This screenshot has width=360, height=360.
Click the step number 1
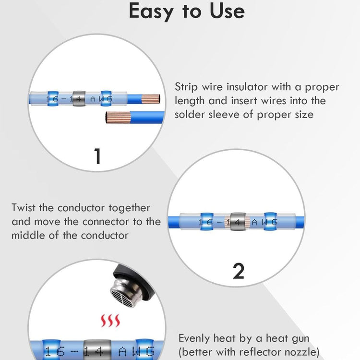tap(97, 156)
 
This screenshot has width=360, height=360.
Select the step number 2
tap(239, 271)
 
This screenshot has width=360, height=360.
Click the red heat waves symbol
tap(110, 321)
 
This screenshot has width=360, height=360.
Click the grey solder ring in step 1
tap(79, 98)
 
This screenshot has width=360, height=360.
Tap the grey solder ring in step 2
tap(238, 222)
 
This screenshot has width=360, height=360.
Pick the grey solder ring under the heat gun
tap(97, 350)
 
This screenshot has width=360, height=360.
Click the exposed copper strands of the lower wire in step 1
tap(118, 117)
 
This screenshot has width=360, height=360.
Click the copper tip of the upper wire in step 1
tap(151, 99)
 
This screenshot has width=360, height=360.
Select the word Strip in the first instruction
tap(186, 87)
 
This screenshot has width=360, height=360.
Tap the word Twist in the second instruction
tap(24, 208)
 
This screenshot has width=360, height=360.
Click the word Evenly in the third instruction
tap(194, 339)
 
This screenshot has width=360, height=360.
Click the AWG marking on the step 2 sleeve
tap(264, 222)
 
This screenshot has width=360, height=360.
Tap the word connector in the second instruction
tap(106, 222)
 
